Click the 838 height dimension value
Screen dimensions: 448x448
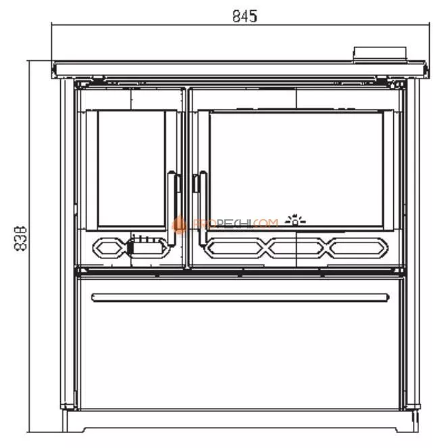21,239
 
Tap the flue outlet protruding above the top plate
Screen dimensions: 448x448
380,53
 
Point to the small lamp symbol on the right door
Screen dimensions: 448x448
296,219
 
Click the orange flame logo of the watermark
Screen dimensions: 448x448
180,225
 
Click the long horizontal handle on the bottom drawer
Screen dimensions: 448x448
241,297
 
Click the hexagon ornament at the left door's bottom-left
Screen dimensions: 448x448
109,247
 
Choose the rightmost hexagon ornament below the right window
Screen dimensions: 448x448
355,247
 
